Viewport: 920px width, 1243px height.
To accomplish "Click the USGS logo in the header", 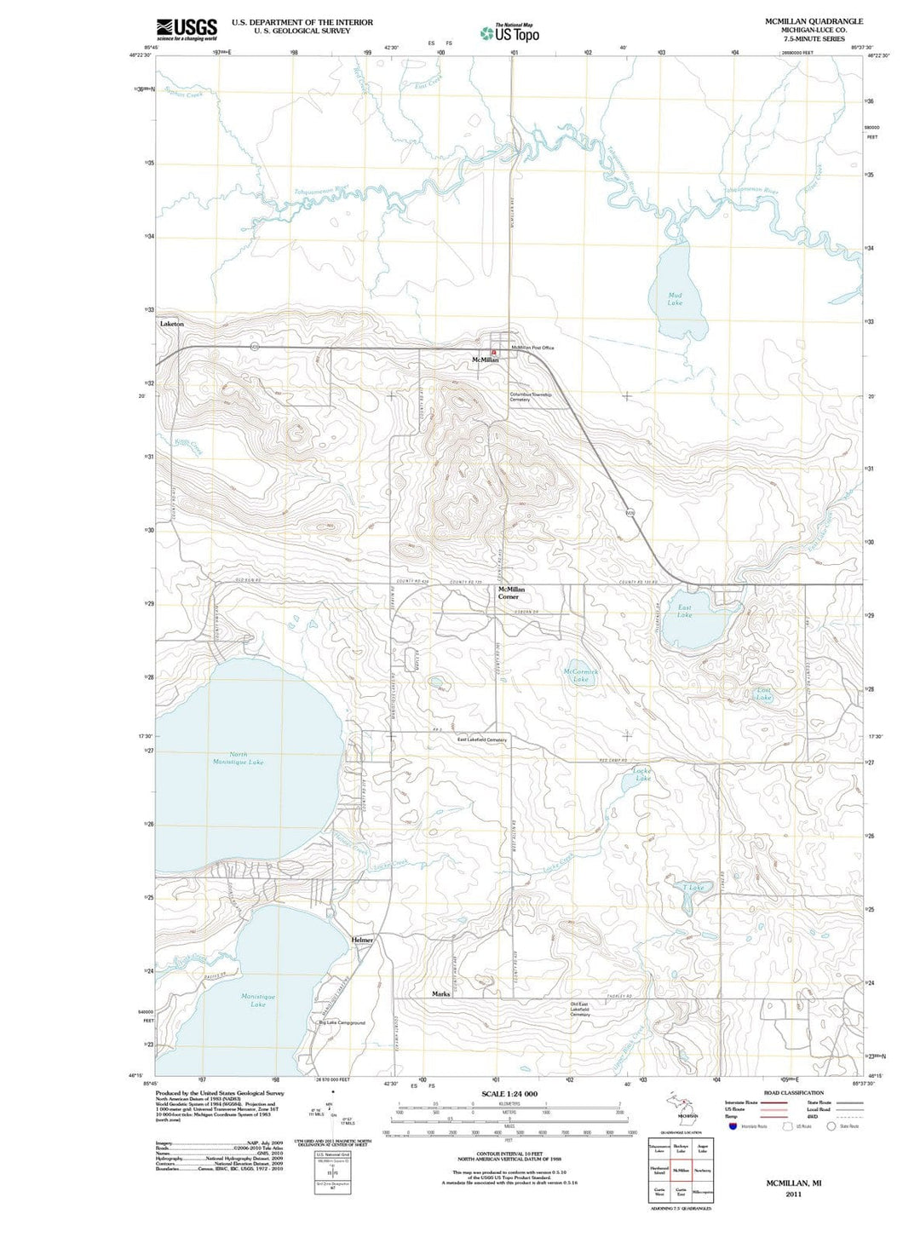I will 187,29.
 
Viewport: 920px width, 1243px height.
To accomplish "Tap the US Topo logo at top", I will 509,32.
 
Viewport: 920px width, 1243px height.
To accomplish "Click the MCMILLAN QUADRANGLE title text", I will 814,21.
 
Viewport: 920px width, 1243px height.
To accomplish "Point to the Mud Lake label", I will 675,298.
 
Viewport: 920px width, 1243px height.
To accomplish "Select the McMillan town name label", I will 486,360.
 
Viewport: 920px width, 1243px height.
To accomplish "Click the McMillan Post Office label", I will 532,348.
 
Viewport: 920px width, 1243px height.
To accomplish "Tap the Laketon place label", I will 172,325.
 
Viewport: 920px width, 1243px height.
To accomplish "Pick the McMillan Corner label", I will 511,593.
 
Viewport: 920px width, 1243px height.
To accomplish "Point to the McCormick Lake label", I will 581,676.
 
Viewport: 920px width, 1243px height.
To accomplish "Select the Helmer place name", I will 362,940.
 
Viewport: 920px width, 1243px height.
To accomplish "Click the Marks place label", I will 440,994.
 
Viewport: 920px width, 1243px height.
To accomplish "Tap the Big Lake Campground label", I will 342,1022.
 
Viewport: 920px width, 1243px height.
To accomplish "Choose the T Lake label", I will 694,888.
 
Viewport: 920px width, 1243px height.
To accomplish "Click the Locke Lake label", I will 642,774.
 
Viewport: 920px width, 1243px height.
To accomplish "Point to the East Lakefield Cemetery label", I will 481,740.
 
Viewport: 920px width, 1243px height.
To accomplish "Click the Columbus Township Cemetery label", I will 531,397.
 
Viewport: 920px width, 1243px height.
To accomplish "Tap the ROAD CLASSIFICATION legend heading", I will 793,1093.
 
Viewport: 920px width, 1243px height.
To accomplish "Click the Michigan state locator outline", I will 681,1104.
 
